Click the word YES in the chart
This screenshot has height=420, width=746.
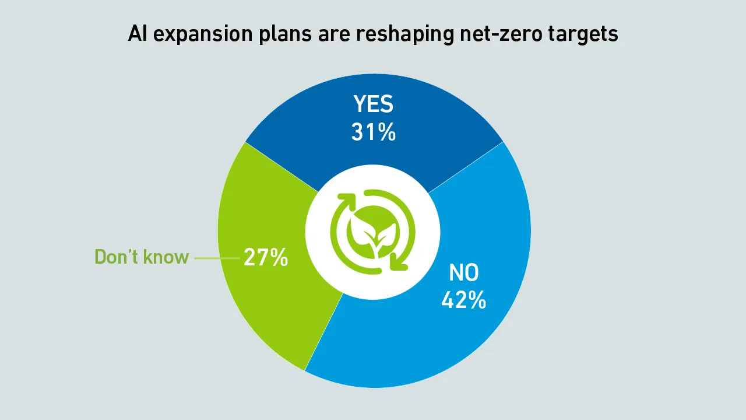pos(374,105)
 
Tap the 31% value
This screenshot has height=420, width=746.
pos(374,132)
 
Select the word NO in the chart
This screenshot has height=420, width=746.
pos(463,273)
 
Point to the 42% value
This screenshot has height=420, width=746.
pos(463,300)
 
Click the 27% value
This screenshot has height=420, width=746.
pos(266,257)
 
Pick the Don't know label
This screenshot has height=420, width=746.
pos(142,257)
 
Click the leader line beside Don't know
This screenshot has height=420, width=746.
pos(216,257)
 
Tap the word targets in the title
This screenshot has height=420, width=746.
pos(583,34)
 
